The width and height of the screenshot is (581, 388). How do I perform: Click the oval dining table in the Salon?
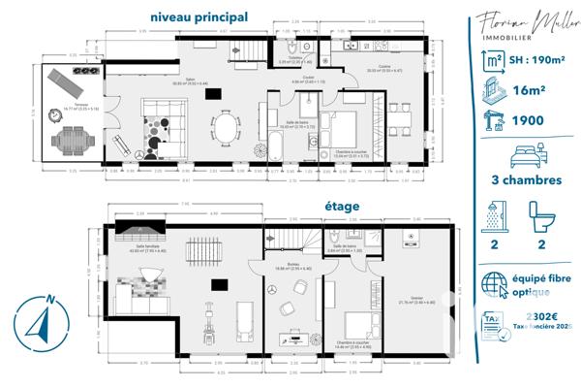pyautogui.click(x=225, y=127)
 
